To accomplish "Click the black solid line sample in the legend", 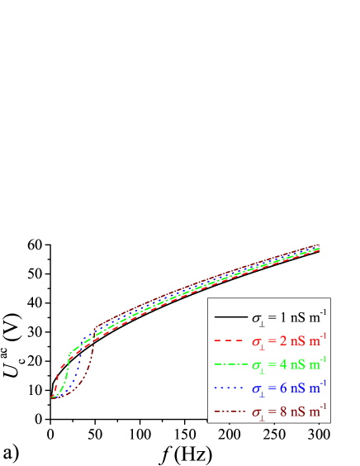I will (230, 316).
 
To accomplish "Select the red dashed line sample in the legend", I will (230, 340).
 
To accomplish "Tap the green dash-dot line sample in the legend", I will (230, 363).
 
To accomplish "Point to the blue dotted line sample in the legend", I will (230, 386).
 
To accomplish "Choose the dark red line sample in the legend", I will (230, 409).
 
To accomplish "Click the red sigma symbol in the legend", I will (258, 341).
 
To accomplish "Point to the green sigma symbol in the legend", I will (258, 364).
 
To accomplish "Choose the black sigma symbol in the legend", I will (258, 318).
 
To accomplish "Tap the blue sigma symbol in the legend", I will (258, 388).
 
